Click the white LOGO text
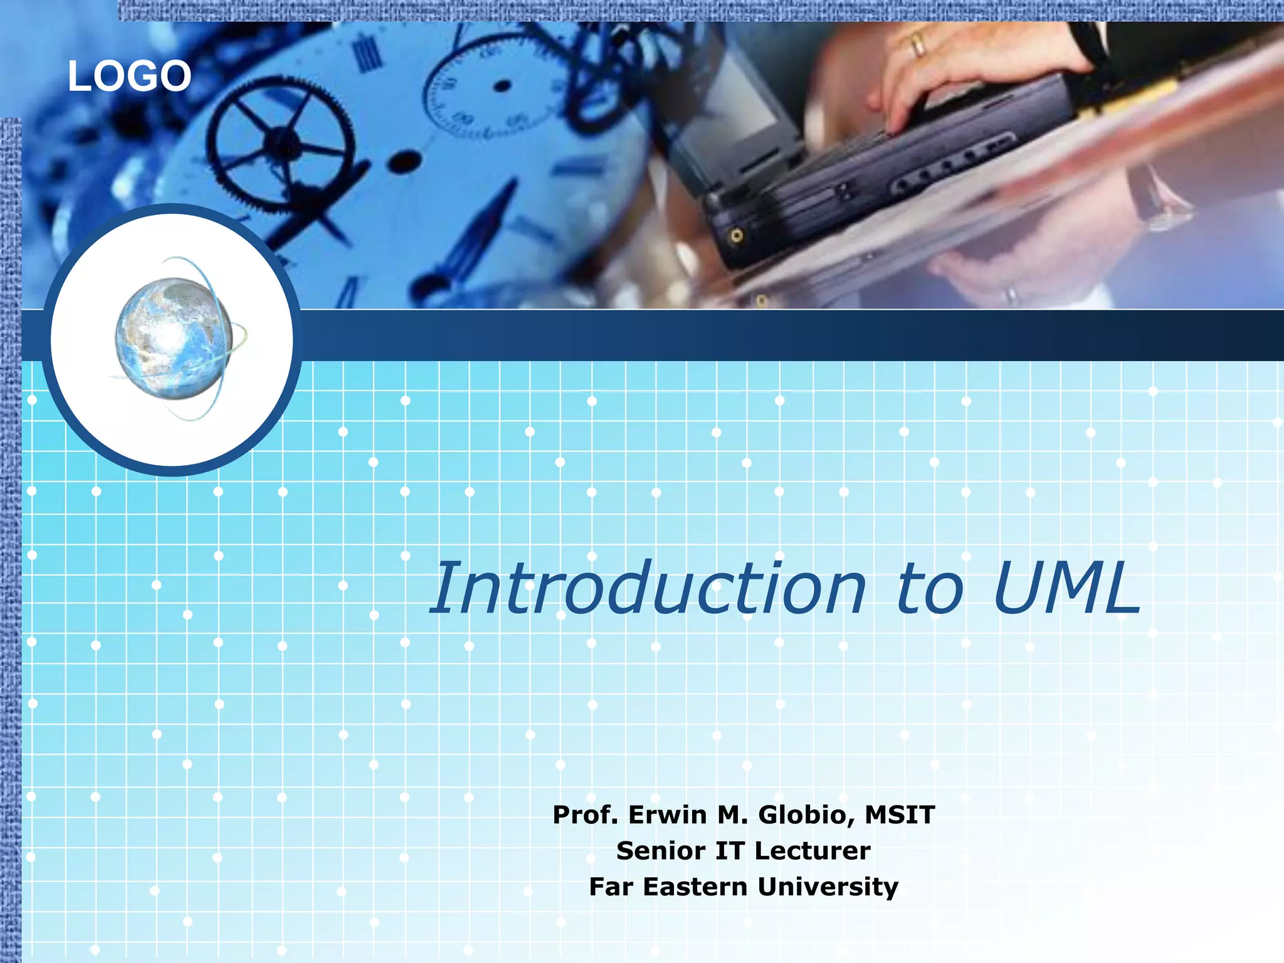[129, 76]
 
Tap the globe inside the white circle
[174, 339]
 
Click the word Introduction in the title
[649, 589]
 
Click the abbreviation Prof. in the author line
[586, 815]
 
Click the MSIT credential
[900, 815]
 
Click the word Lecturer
[813, 851]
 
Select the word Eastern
[696, 887]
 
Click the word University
[828, 887]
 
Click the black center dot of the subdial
[502, 86]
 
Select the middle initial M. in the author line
[733, 815]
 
